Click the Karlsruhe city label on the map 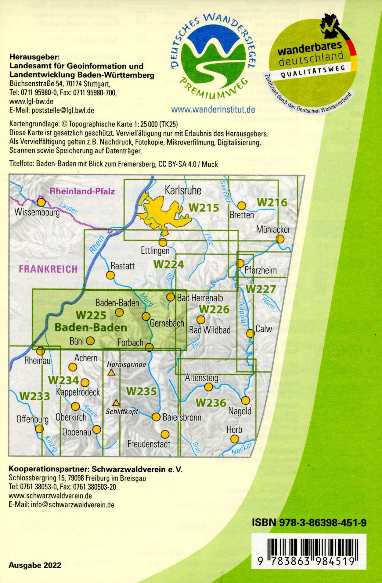[183, 191]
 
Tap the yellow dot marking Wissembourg [41, 202]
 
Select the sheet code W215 [204, 208]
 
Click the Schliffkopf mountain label [122, 411]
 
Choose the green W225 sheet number [91, 315]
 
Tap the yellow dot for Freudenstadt [165, 434]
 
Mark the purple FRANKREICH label [48, 269]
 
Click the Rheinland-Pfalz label [82, 191]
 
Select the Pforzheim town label [261, 270]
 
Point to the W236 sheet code [211, 402]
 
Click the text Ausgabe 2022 [35, 565]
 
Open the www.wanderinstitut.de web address [213, 109]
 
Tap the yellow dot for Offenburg [39, 429]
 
